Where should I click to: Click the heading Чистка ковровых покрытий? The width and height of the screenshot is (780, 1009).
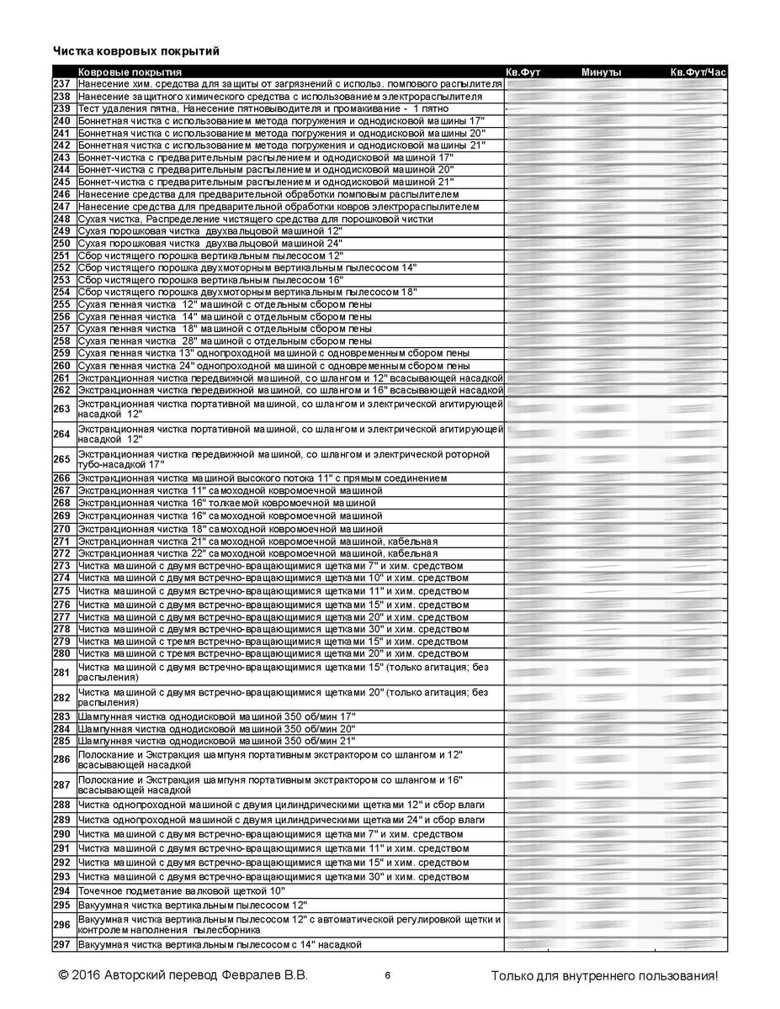click(136, 52)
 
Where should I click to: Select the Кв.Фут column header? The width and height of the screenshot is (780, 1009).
click(523, 72)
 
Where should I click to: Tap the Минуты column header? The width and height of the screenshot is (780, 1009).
click(601, 72)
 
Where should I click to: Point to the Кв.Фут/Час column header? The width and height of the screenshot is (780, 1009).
click(698, 72)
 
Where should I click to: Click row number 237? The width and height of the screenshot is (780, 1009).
click(61, 84)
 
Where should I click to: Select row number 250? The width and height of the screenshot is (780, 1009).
click(61, 243)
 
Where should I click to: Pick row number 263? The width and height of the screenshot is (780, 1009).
click(61, 409)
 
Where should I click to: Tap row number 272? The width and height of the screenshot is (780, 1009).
click(61, 554)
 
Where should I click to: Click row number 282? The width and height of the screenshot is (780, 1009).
click(61, 698)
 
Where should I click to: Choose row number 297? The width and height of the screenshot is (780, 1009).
click(61, 945)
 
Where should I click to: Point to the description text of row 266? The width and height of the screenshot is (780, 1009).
click(262, 478)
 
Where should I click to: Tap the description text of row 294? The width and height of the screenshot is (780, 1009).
click(181, 890)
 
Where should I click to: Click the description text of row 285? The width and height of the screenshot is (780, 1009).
click(216, 741)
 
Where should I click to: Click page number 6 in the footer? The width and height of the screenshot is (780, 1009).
click(387, 976)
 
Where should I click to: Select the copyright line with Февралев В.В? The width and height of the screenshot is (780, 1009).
click(183, 976)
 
